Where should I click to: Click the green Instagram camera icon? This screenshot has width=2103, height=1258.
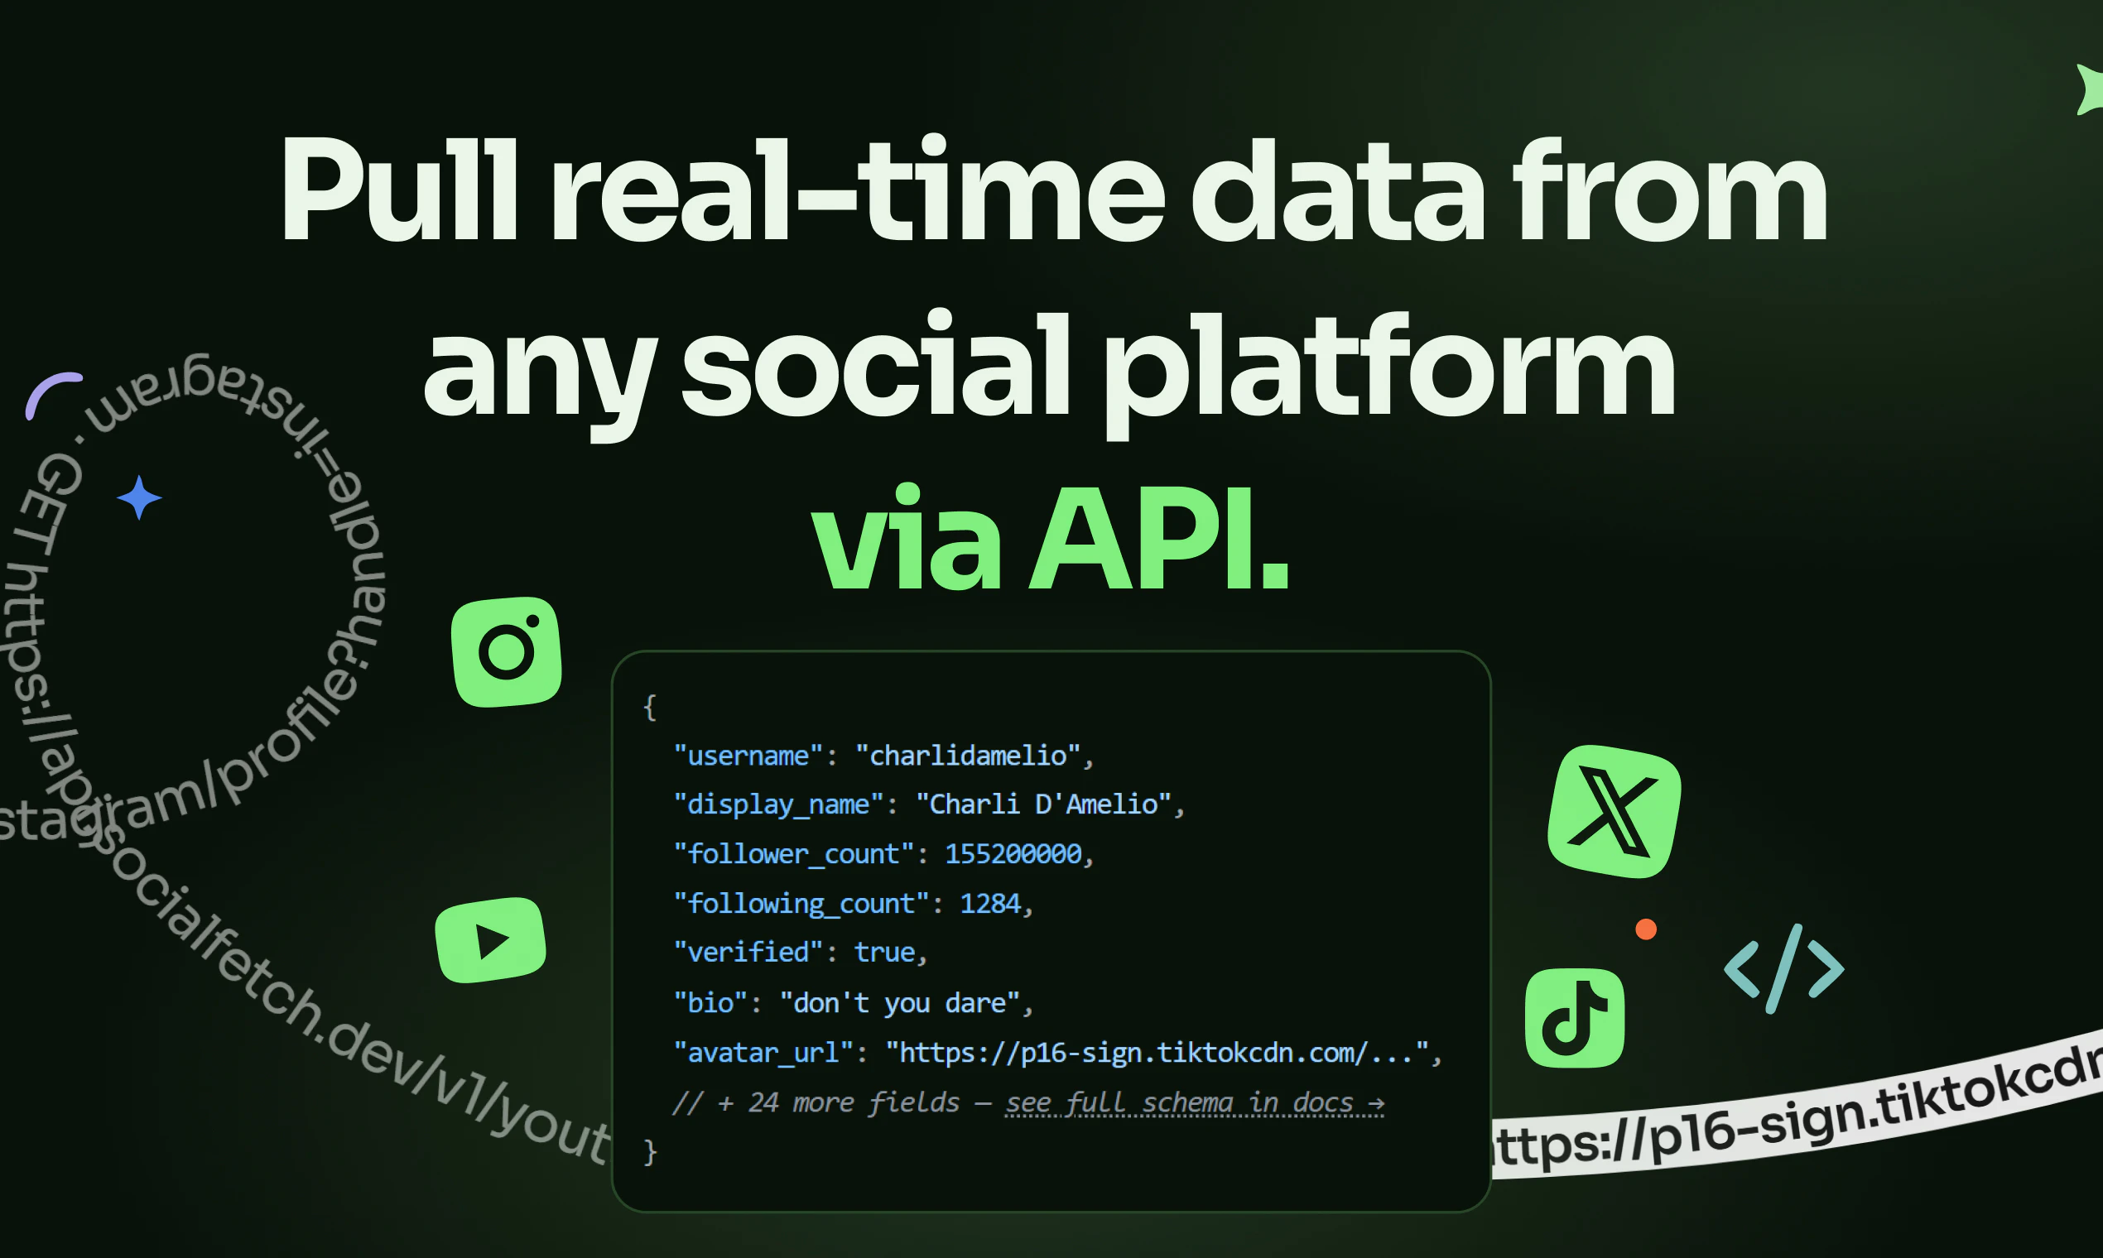click(506, 651)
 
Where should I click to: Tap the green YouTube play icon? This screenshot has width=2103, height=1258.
click(490, 940)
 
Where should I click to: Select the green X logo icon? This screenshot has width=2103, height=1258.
click(1614, 811)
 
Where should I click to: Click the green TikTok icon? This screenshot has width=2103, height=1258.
click(1575, 1017)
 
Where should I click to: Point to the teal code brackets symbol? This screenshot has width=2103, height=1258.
click(1784, 968)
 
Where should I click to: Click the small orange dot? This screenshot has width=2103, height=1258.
click(1646, 929)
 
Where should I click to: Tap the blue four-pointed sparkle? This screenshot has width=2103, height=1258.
click(139, 497)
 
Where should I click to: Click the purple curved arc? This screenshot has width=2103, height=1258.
click(51, 391)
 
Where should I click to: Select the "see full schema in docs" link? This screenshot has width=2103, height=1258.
click(1194, 1102)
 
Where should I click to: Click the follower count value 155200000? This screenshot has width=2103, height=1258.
click(1013, 852)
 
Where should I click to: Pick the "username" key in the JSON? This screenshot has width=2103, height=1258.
click(748, 755)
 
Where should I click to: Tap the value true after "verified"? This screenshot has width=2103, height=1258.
click(883, 952)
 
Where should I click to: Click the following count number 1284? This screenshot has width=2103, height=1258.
click(989, 903)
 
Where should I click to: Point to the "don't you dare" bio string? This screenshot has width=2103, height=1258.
click(899, 1002)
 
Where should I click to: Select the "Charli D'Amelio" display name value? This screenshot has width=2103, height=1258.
click(1043, 804)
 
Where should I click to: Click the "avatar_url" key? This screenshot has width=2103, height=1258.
click(763, 1052)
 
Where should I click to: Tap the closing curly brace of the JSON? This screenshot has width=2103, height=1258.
click(651, 1151)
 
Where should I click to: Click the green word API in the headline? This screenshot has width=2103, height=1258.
click(1160, 539)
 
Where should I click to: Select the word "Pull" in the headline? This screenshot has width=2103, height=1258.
click(398, 190)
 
